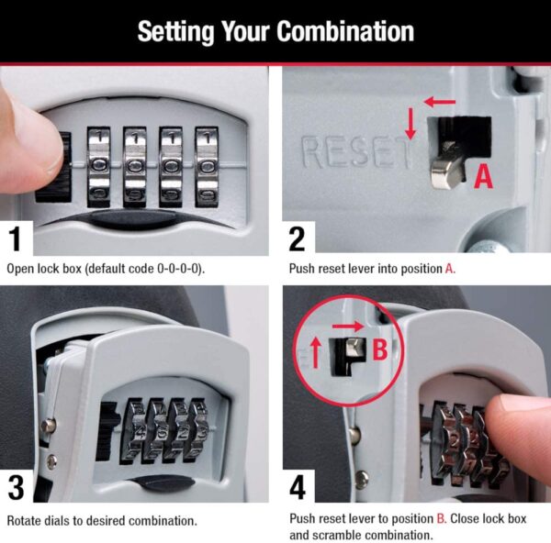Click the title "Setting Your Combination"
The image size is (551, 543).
click(x=275, y=31)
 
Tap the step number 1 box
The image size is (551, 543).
click(x=16, y=239)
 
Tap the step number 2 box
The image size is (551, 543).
click(x=297, y=239)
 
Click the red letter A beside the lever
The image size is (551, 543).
click(x=483, y=175)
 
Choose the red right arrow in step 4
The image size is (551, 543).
click(x=348, y=325)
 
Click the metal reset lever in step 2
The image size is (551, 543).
click(x=443, y=168)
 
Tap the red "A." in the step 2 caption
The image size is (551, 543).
click(x=450, y=270)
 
